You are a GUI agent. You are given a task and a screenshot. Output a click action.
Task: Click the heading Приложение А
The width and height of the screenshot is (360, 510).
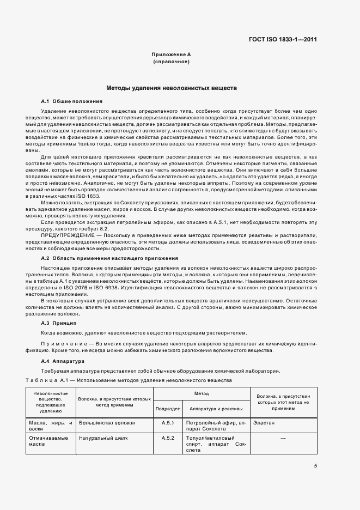[x=171, y=55]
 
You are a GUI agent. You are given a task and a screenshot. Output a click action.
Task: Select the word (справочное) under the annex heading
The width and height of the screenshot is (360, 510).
[x=171, y=62]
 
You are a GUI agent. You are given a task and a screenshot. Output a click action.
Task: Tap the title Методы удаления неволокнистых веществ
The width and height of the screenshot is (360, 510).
[x=171, y=88]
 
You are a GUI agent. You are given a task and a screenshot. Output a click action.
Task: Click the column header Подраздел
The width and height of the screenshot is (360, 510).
[x=168, y=408]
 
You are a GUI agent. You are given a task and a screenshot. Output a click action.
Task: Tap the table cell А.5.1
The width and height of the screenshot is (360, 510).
[x=168, y=422]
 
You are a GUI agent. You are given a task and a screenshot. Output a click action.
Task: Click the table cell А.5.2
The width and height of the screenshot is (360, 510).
[x=168, y=438]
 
